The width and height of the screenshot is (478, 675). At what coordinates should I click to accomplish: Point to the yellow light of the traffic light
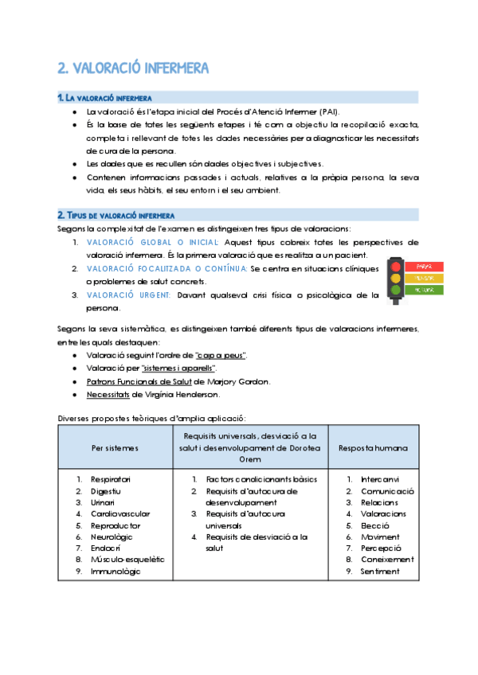395,279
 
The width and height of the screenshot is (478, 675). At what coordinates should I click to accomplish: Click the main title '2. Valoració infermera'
134,68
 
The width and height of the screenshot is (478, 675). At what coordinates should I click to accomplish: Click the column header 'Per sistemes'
115,448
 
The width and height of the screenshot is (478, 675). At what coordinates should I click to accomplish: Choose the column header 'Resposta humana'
373,448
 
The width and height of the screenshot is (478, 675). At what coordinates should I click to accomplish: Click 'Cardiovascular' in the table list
119,514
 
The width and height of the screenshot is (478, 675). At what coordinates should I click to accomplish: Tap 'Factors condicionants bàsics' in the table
249,479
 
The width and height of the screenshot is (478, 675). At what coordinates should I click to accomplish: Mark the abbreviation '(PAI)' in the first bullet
327,112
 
